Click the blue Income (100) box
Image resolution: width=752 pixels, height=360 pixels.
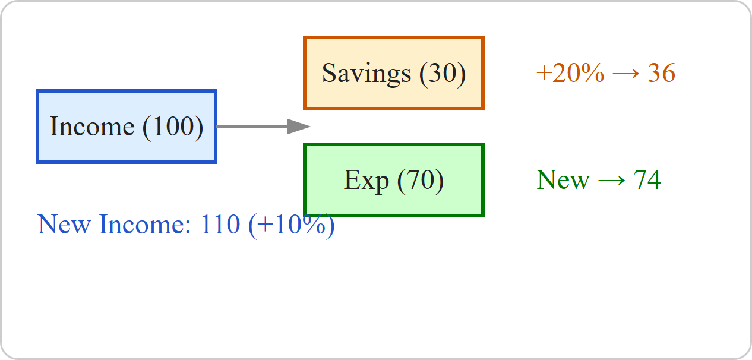[127, 127]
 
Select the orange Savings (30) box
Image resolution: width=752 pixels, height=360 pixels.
[394, 73]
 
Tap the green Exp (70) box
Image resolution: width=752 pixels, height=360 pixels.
[394, 180]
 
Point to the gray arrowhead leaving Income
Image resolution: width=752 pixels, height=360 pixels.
[298, 127]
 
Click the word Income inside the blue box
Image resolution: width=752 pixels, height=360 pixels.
[92, 127]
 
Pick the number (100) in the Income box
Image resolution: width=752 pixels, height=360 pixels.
[173, 127]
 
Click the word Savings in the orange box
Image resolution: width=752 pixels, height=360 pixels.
[366, 74]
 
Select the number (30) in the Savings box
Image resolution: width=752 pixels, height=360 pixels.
[443, 74]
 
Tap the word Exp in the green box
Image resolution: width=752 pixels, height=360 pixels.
[366, 181]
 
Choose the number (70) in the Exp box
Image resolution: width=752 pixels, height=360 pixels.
[421, 181]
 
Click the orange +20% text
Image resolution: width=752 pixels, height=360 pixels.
[570, 73]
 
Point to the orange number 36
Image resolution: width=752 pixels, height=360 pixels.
[661, 73]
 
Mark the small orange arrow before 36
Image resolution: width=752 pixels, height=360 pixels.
[626, 74]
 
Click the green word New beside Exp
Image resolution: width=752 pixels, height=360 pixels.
[563, 180]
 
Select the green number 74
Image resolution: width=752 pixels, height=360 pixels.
[647, 180]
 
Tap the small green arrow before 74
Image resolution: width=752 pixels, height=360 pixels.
[612, 181]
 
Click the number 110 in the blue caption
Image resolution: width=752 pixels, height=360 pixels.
[220, 225]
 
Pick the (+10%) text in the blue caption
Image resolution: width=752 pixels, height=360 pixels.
[292, 226]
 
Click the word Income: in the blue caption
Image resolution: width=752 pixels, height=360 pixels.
[145, 225]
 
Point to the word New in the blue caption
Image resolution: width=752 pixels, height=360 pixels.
[64, 225]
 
